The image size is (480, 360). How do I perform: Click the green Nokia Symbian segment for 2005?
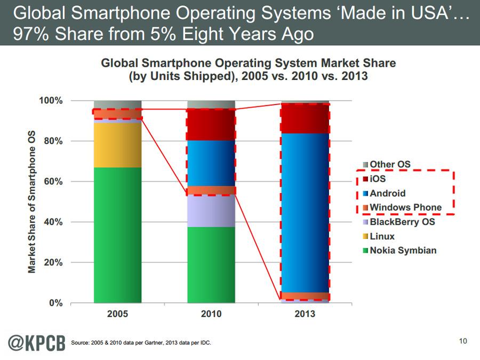(117, 235)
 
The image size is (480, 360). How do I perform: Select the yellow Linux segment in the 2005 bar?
(117, 145)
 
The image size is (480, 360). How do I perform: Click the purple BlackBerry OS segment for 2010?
(211, 211)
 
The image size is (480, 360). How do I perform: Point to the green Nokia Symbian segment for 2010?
(211, 265)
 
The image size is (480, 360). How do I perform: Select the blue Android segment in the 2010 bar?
(211, 163)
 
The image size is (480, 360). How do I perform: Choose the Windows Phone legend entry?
(405, 207)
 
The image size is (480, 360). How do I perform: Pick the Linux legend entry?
(382, 236)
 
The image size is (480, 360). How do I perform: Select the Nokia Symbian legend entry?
(403, 251)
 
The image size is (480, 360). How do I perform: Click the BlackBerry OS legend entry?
(402, 222)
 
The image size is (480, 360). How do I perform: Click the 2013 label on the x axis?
(305, 314)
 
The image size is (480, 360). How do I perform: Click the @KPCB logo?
(34, 341)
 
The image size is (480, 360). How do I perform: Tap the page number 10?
(463, 341)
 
